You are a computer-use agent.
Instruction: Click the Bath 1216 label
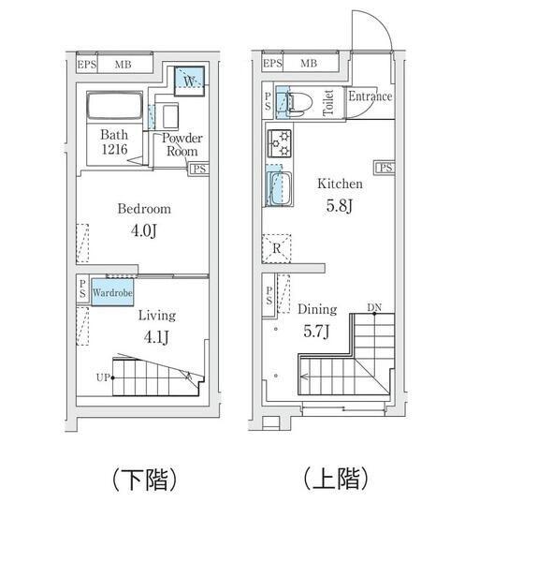coord(114,140)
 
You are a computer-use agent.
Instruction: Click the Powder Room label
coord(181,144)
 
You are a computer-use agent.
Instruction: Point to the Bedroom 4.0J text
coord(143,217)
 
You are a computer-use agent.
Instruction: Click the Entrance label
coord(370,96)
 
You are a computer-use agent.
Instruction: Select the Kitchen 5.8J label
coord(339,193)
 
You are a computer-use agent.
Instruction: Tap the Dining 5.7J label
coord(317,318)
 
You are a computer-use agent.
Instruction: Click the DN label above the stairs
coord(374,307)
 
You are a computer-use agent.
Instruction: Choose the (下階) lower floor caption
coord(145,481)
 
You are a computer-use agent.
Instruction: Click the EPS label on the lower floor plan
coord(86,64)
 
